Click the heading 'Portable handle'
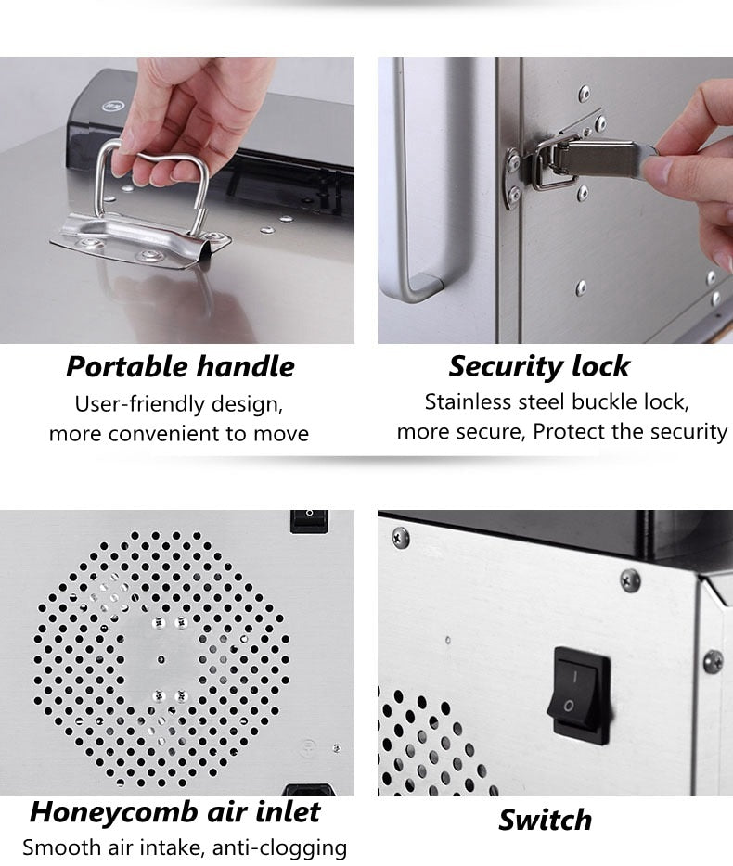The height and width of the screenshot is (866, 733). pos(180,367)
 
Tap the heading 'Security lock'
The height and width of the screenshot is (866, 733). pos(539,366)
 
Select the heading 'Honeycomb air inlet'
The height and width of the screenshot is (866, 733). pos(175,812)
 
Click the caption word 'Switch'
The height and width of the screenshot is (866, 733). pos(545,820)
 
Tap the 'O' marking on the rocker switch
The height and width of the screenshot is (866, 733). pos(568,706)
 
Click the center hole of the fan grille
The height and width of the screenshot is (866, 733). pos(161,659)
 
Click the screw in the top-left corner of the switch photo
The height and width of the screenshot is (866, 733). pos(400,536)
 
